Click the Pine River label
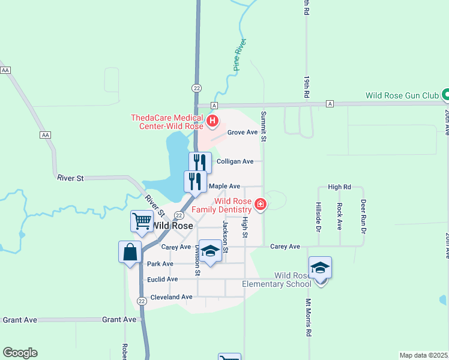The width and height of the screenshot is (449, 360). pos(241,56)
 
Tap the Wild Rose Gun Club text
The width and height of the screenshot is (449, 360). pos(402,95)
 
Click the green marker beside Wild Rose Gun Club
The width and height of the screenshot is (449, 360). pos(445,95)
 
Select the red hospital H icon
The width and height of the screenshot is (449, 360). pos(212,122)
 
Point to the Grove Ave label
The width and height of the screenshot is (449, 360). pos(243,132)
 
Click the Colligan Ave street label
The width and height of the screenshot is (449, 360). pos(239,161)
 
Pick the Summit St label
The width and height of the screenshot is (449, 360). pos(263,126)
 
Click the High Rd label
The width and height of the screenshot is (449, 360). pos(340,187)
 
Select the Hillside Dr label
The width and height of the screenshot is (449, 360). pos(318,216)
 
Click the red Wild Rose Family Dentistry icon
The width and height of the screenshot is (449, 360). pos(260,205)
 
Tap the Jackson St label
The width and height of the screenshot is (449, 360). pos(226,236)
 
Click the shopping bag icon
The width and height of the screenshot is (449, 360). pos(130,253)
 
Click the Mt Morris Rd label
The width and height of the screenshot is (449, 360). pos(309,317)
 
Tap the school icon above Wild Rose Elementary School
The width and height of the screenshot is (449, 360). pos(320,268)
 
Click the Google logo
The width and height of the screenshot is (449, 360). pos(20,353)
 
